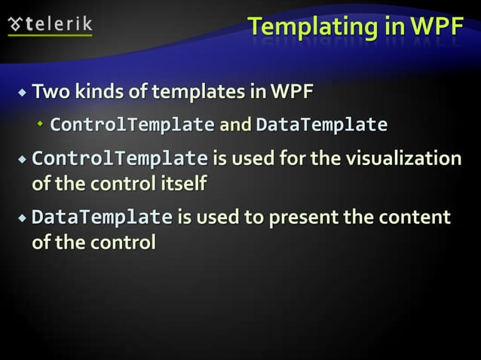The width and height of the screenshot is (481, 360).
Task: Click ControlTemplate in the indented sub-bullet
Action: click(x=132, y=124)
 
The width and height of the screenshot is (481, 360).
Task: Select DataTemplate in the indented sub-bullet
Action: click(x=322, y=124)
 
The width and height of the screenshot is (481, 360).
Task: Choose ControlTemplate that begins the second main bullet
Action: click(x=120, y=160)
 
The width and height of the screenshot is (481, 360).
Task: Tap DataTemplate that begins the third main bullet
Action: click(x=102, y=218)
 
